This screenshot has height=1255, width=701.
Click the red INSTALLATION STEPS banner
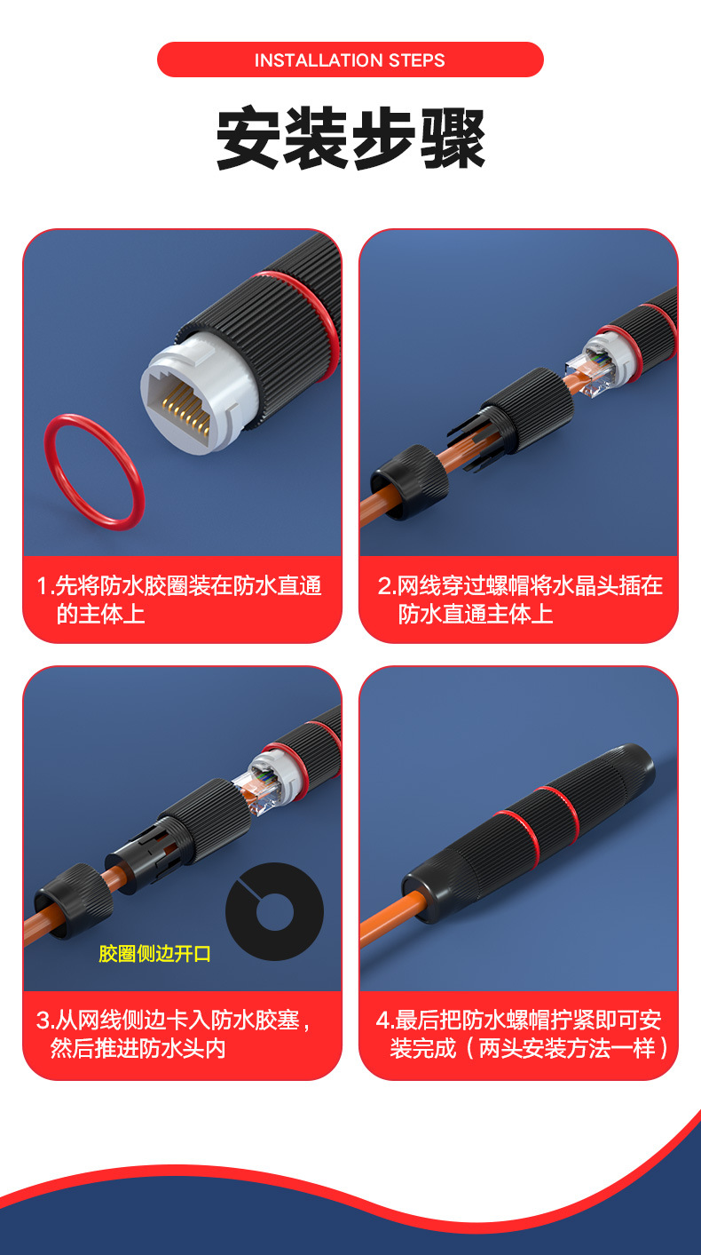(350, 60)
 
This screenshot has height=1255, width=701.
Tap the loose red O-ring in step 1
(93, 472)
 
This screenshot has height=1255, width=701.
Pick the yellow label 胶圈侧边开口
(154, 954)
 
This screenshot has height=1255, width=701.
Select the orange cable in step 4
(385, 920)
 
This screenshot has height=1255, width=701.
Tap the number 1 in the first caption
(42, 586)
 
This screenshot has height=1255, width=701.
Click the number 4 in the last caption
(383, 1021)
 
